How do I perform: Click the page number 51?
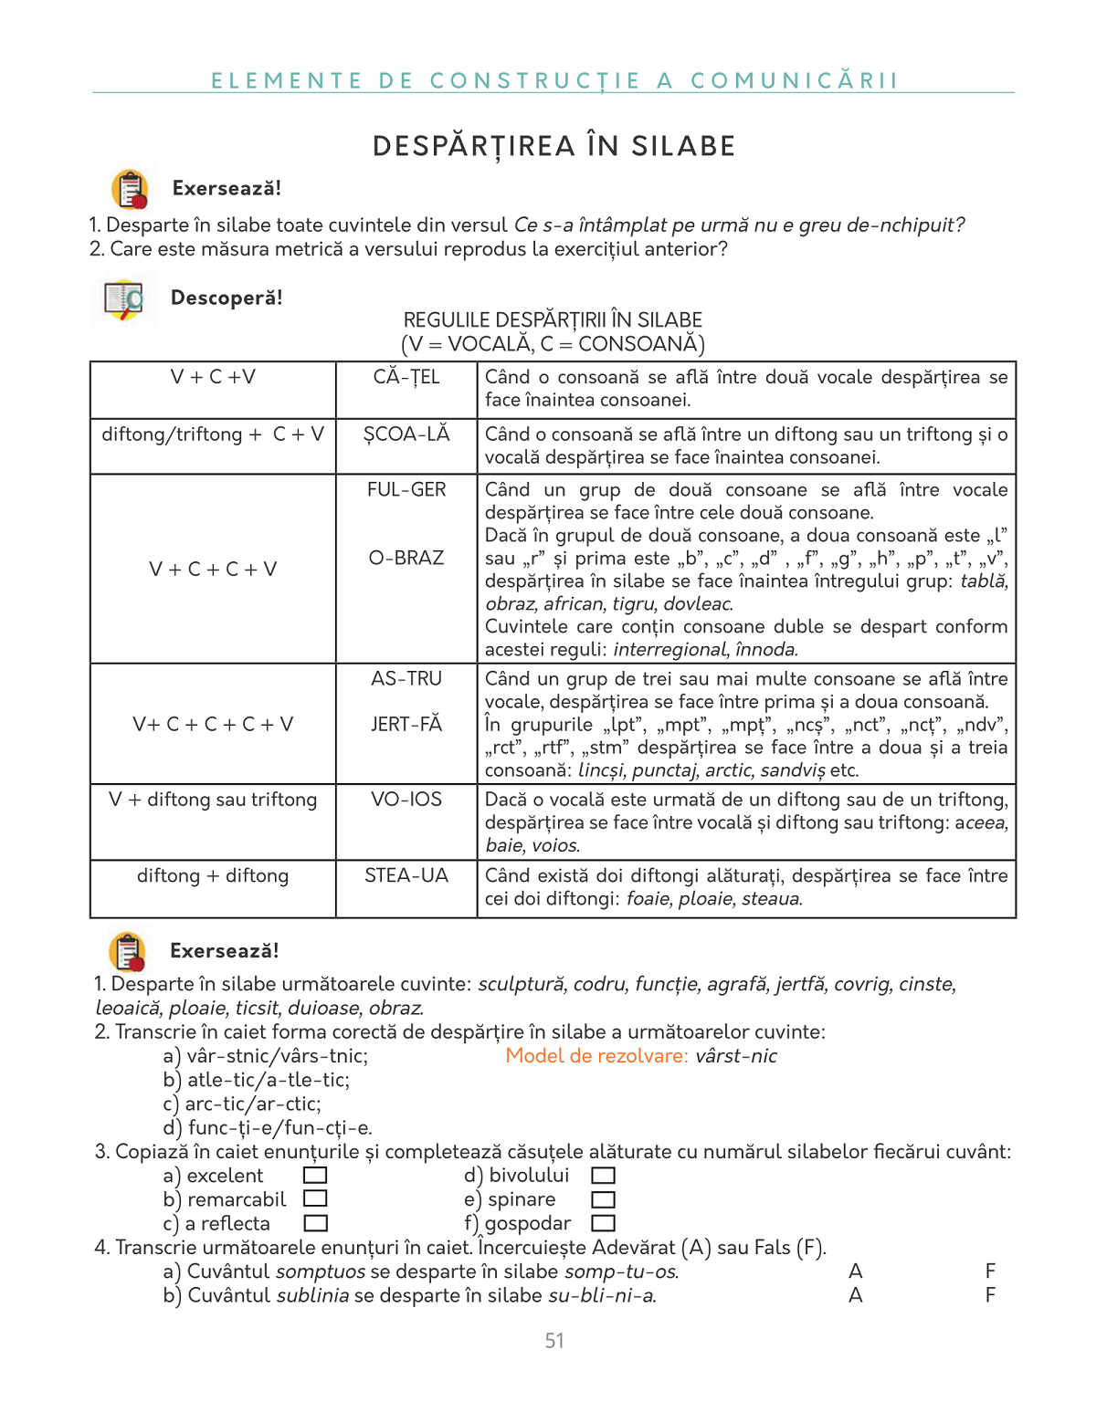(x=554, y=1341)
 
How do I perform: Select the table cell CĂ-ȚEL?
(x=406, y=377)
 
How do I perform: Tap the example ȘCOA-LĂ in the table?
(x=406, y=434)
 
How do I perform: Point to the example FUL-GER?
(x=406, y=490)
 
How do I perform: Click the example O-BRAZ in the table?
(x=406, y=558)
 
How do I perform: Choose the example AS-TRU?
(x=406, y=679)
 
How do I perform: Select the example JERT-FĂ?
(x=406, y=725)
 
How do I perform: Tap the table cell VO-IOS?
(x=406, y=800)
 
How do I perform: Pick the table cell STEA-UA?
(x=406, y=876)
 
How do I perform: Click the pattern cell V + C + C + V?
(x=213, y=570)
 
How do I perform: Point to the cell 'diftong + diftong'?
(x=213, y=876)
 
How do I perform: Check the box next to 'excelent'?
(x=315, y=1176)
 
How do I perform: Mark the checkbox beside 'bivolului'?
(x=604, y=1176)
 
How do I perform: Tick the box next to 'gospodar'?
(x=604, y=1223)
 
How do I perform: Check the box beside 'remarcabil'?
(x=315, y=1198)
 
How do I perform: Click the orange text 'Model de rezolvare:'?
(x=596, y=1056)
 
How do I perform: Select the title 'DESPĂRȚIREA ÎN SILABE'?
(x=553, y=146)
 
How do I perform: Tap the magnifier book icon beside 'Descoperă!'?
(x=124, y=300)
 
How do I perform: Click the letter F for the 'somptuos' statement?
(x=990, y=1271)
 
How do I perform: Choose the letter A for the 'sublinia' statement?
(x=855, y=1295)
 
